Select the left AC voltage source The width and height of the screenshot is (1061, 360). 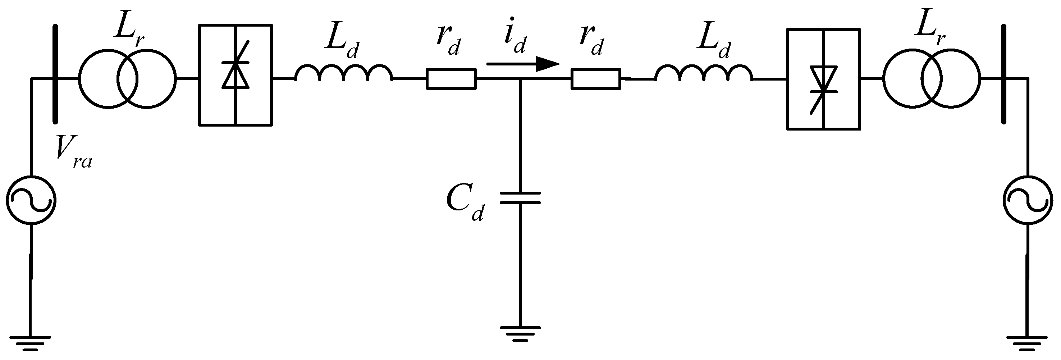pos(31,201)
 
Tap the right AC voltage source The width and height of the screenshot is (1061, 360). pos(1028,201)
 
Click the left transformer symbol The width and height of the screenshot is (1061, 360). pos(128,79)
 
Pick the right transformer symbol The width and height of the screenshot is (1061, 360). pos(932,79)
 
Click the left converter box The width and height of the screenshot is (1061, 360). pos(235,74)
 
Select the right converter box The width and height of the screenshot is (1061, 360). pos(823,79)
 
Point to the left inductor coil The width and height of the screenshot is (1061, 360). pos(343,73)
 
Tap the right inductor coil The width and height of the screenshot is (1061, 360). pos(704,73)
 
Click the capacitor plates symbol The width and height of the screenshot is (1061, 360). pos(520,197)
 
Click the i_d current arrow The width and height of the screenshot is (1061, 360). pos(523,64)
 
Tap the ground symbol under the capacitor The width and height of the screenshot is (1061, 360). pos(520,333)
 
